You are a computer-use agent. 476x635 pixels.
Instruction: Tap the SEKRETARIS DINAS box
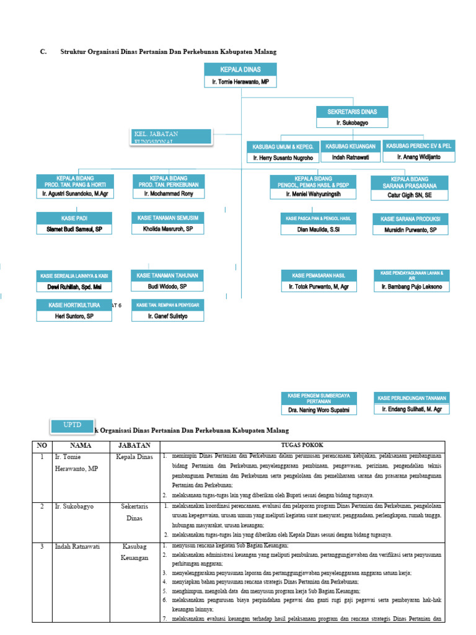351,112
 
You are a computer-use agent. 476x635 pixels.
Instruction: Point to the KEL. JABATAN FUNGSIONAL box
172,137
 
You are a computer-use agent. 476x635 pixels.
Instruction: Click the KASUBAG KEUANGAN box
350,146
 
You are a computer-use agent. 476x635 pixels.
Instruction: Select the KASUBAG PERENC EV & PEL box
418,145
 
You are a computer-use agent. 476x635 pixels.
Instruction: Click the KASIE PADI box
74,218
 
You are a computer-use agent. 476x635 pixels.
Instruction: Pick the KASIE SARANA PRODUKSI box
410,220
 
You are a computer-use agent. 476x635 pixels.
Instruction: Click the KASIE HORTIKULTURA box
74,305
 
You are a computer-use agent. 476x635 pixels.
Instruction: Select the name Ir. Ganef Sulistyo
167,316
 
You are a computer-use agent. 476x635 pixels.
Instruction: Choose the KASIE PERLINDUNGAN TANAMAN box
412,397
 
